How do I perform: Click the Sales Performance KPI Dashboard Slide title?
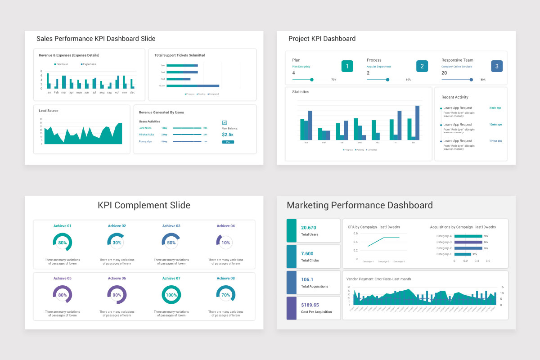tap(96, 39)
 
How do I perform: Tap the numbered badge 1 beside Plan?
tap(347, 66)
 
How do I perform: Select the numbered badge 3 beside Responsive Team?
tap(496, 66)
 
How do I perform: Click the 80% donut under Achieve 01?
tap(63, 242)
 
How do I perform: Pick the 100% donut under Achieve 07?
tap(171, 295)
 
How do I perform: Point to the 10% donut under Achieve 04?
tap(225, 242)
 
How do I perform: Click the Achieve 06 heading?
tap(117, 278)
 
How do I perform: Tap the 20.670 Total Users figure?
tap(309, 228)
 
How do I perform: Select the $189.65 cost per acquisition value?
tap(310, 305)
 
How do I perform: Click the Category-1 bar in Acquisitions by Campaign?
tap(462, 254)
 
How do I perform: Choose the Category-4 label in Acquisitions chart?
tap(444, 236)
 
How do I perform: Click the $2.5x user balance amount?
tap(228, 135)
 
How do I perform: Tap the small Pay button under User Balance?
tap(228, 142)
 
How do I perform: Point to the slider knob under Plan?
tap(312, 80)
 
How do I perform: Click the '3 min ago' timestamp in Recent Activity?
tap(495, 108)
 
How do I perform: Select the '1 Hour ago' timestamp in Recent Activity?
tap(495, 141)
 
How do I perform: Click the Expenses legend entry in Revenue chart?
tap(89, 64)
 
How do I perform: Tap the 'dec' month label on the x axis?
tap(132, 92)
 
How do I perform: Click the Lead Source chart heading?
tap(49, 111)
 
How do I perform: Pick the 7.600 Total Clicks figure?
tap(307, 253)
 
